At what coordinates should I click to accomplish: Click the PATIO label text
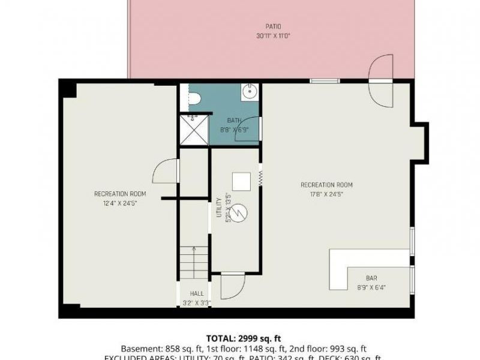tap(274, 26)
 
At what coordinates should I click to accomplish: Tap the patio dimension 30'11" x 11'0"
tap(274, 35)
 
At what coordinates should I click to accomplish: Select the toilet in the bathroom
tap(193, 99)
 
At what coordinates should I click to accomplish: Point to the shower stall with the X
tap(194, 130)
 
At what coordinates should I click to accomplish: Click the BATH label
tap(233, 121)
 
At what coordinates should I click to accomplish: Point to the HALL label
tap(196, 293)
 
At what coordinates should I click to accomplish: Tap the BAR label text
tap(371, 278)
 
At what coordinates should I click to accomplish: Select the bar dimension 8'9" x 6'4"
tap(371, 287)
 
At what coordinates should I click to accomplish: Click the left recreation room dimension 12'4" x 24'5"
tap(120, 202)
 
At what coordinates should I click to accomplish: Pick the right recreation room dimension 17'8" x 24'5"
tap(326, 194)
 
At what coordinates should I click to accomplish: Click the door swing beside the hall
tap(232, 286)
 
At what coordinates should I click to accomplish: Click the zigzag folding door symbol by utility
tap(261, 178)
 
